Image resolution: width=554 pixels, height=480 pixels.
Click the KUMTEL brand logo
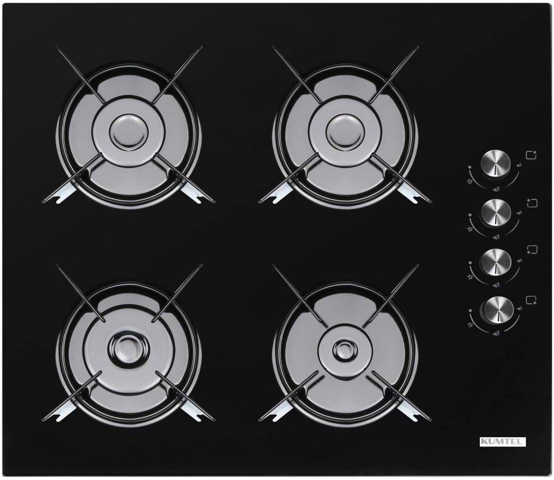point(503,441)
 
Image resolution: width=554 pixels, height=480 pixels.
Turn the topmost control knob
point(496,165)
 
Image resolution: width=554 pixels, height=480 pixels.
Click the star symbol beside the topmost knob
point(470,182)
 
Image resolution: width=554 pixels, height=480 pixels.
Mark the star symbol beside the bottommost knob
point(470,324)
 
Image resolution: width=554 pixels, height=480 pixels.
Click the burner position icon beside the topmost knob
point(531,156)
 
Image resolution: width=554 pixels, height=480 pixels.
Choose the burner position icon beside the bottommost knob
point(531,300)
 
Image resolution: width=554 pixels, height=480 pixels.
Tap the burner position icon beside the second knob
point(533,203)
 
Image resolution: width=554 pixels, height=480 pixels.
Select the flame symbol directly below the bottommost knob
point(498,333)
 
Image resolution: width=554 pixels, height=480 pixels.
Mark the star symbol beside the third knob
point(470,277)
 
